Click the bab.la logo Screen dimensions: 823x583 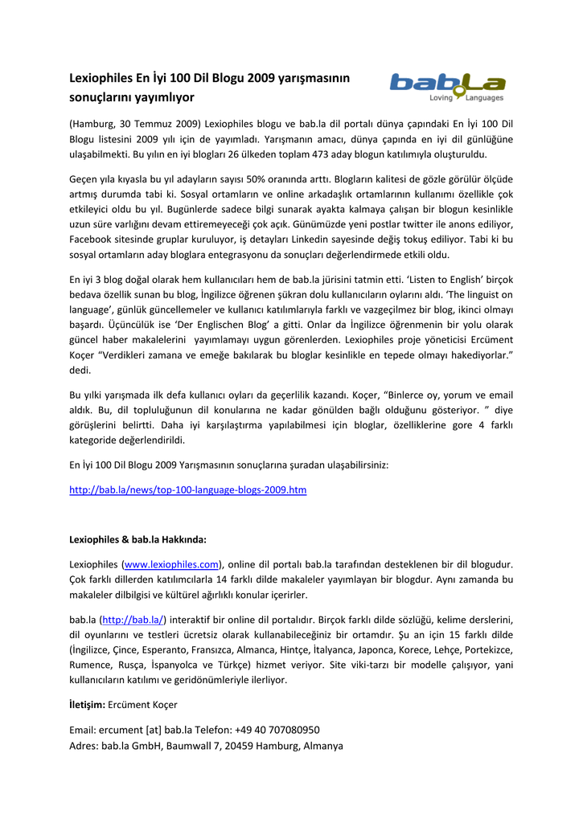447,83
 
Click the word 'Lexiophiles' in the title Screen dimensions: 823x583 102,78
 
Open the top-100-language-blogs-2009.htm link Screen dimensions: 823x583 187,489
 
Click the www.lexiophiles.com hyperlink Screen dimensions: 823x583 171,564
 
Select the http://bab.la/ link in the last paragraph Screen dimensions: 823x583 133,619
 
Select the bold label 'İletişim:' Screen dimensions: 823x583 87,705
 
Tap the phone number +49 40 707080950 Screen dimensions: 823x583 277,730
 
